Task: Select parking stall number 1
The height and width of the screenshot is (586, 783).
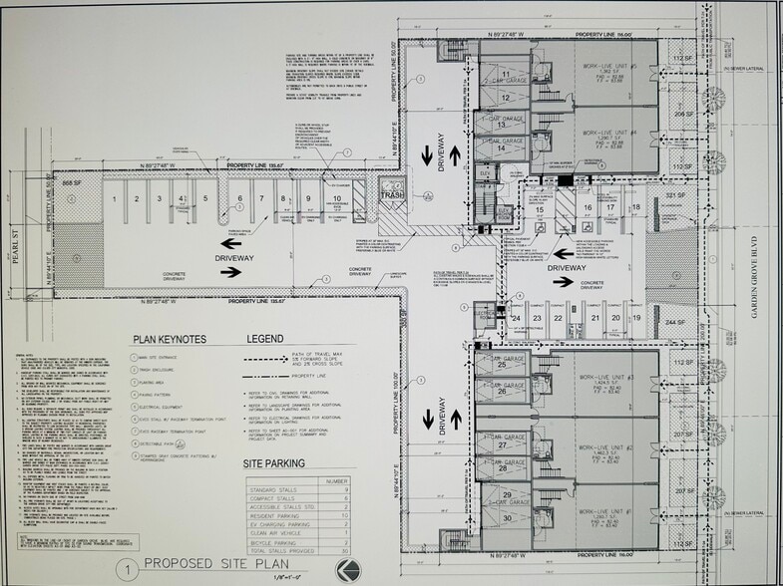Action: tap(116, 199)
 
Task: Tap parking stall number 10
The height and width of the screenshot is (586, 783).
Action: tap(337, 199)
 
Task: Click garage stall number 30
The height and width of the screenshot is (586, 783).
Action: tap(507, 518)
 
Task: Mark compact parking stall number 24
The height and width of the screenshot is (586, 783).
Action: tap(516, 318)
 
